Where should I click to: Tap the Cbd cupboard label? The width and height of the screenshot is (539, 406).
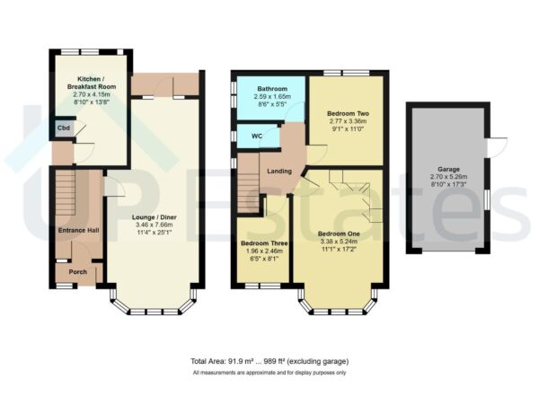[x=63, y=128]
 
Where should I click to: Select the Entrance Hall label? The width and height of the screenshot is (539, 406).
[x=76, y=232]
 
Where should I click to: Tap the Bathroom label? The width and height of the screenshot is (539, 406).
[x=271, y=89]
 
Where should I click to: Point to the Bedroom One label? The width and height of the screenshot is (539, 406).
[x=340, y=234]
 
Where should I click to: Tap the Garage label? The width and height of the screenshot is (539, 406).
[x=448, y=169]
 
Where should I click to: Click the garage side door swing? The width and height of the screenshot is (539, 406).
[x=497, y=146]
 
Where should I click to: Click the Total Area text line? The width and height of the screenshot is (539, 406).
[x=269, y=361]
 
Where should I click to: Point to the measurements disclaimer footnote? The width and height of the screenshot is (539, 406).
[x=269, y=373]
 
